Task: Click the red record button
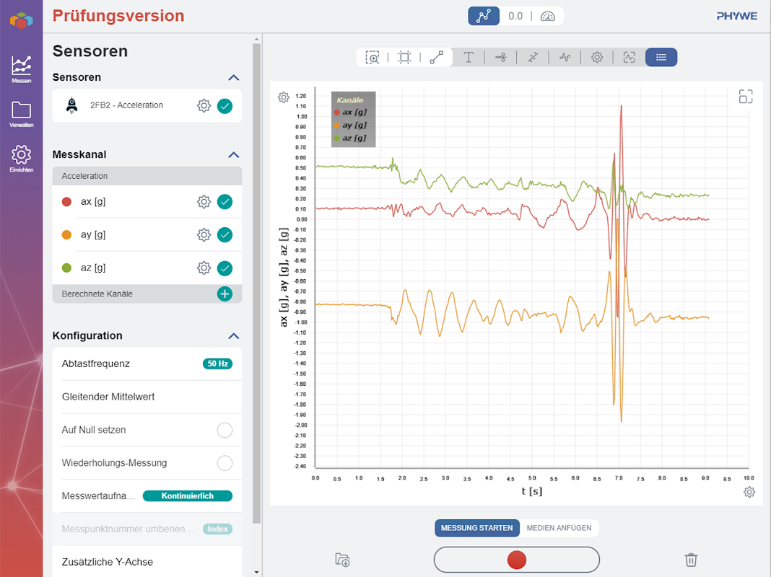pyautogui.click(x=516, y=560)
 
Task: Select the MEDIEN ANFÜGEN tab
pyautogui.click(x=559, y=528)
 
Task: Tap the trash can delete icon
pyautogui.click(x=691, y=560)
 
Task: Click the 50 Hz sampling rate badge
pyautogui.click(x=217, y=364)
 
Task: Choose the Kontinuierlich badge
pyautogui.click(x=188, y=496)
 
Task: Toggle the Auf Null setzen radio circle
pyautogui.click(x=225, y=430)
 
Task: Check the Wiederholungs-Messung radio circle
pyautogui.click(x=225, y=463)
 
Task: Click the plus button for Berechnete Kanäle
pyautogui.click(x=225, y=294)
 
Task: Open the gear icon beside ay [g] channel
pyautogui.click(x=204, y=234)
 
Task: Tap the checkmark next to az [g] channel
pyautogui.click(x=225, y=268)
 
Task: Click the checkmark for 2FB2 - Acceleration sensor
pyautogui.click(x=225, y=106)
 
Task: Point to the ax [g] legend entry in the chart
pyautogui.click(x=353, y=113)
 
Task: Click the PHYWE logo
pyautogui.click(x=736, y=16)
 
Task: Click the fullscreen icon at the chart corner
pyautogui.click(x=746, y=97)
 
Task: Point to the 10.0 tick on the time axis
pyautogui.click(x=749, y=478)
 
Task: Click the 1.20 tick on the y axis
pyautogui.click(x=301, y=95)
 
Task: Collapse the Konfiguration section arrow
pyautogui.click(x=233, y=335)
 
